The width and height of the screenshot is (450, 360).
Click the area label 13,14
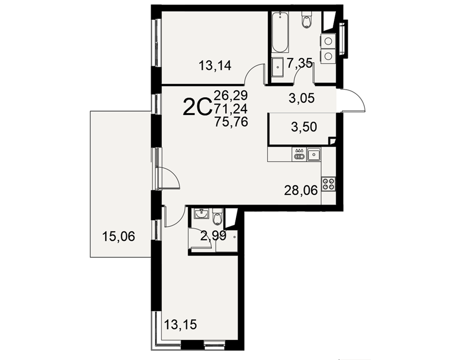click(x=215, y=66)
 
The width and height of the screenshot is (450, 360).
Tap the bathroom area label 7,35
click(x=300, y=63)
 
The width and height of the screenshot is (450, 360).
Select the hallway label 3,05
click(x=301, y=99)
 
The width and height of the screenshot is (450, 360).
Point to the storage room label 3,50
click(x=304, y=126)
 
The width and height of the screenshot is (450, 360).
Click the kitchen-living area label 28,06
click(x=301, y=190)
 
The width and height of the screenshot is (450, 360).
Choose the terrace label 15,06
click(x=118, y=237)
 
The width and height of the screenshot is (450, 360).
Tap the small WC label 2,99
click(x=213, y=236)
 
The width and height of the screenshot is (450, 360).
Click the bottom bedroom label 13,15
click(x=180, y=325)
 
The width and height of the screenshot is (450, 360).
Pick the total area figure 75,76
click(x=231, y=122)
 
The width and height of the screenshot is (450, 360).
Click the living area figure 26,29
click(x=231, y=94)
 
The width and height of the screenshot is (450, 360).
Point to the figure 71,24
click(x=230, y=108)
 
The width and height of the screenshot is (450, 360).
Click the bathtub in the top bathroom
click(x=280, y=32)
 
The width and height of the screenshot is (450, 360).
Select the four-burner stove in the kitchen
click(x=328, y=184)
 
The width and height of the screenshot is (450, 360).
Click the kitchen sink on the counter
click(x=314, y=154)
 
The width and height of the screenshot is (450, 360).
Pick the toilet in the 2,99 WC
click(x=217, y=217)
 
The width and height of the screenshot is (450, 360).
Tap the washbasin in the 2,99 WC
click(x=202, y=214)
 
